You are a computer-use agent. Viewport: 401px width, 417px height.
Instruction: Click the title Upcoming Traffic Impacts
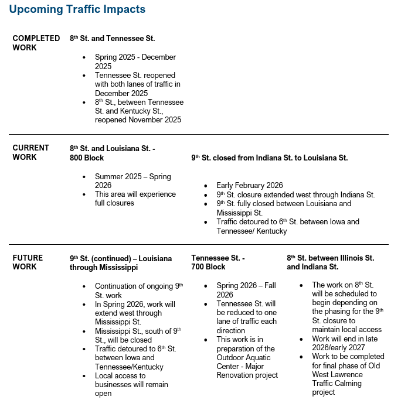(x=77, y=9)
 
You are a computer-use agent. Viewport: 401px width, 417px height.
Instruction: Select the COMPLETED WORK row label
(x=36, y=43)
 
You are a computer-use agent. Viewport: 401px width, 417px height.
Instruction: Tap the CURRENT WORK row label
(x=30, y=152)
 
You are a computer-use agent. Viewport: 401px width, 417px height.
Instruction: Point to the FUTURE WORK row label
(x=28, y=262)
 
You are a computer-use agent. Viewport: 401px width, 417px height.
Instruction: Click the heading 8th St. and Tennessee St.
(x=112, y=38)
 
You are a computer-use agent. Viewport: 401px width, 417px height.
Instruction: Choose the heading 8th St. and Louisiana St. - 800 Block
(x=112, y=153)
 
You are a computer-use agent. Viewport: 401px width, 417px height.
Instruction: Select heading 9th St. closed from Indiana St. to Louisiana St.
(x=269, y=158)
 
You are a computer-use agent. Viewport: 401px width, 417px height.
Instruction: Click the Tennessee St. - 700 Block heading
(x=218, y=262)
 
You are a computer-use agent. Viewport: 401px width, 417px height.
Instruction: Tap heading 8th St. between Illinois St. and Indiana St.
(x=330, y=262)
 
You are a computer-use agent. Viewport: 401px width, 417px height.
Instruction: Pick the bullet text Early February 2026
(x=249, y=186)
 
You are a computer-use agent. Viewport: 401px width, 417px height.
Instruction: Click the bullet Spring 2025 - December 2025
(x=135, y=62)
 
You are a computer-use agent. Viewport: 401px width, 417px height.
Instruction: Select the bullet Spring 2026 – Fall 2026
(x=246, y=290)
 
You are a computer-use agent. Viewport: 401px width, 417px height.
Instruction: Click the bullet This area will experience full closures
(x=135, y=199)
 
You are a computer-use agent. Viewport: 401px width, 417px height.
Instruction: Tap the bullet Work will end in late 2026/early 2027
(x=344, y=343)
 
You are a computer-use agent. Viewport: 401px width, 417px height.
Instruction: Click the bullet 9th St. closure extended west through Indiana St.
(x=295, y=194)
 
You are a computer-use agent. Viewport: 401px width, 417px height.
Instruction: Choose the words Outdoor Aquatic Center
(x=245, y=357)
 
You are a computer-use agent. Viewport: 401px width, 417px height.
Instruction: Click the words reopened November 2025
(x=138, y=120)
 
